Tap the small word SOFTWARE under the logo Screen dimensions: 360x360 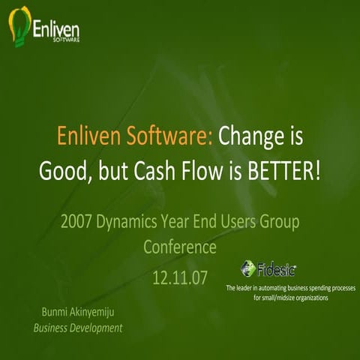click(x=66, y=41)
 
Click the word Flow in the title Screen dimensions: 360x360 click(x=202, y=170)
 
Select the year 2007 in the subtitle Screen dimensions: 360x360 click(x=80, y=222)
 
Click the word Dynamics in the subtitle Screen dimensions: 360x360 click(x=142, y=223)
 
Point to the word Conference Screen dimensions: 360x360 click(x=180, y=247)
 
